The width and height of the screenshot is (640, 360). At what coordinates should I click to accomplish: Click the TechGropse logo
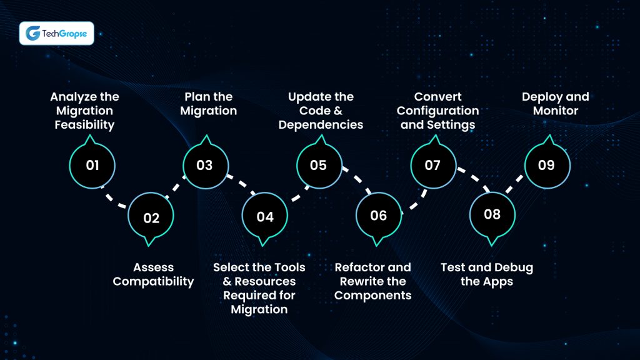(57, 33)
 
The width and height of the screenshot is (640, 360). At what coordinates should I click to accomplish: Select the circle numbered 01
(92, 166)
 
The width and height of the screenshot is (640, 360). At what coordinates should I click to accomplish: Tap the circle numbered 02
(151, 218)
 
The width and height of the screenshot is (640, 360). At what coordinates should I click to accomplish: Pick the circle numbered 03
(205, 166)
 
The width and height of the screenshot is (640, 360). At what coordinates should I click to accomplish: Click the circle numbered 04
(265, 217)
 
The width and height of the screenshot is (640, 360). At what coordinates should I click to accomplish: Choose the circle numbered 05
(319, 166)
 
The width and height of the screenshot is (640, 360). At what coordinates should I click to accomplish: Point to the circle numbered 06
(379, 216)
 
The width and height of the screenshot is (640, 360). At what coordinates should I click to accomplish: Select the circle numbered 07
(432, 166)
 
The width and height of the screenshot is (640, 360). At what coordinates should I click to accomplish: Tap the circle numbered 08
(492, 215)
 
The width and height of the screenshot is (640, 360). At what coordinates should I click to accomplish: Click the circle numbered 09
(546, 166)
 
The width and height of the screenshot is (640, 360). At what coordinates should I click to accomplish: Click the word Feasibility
(84, 124)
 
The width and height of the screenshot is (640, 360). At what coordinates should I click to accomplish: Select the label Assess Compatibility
(153, 274)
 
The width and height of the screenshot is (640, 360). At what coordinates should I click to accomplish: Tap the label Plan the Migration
(208, 104)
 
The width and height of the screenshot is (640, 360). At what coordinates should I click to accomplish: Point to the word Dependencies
(321, 124)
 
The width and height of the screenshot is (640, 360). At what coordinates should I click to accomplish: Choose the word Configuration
(437, 111)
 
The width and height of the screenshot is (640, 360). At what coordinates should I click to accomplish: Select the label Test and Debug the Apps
(487, 274)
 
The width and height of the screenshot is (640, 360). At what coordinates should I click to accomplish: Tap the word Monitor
(556, 111)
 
